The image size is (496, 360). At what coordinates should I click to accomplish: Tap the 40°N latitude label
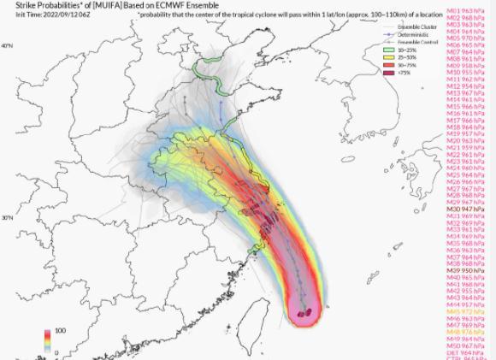[x=6, y=45]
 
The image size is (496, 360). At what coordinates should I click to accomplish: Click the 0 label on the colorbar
[x=56, y=351]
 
